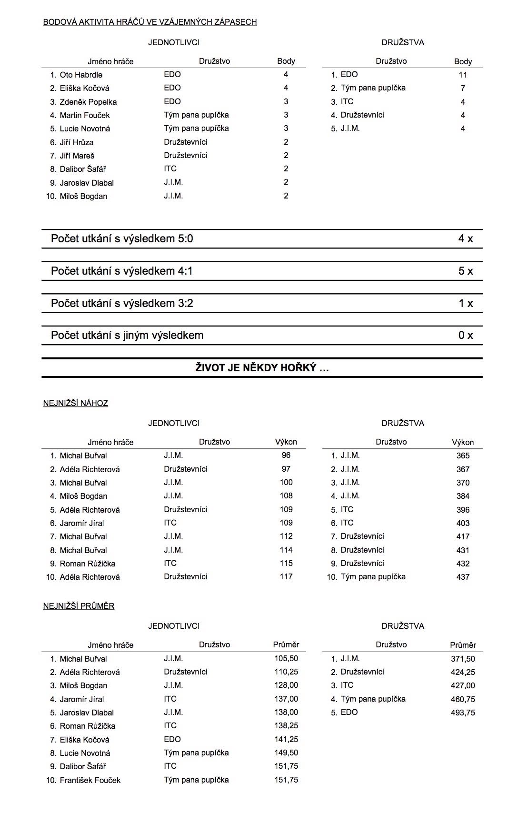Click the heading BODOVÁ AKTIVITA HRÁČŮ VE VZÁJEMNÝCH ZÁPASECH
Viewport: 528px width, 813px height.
(x=150, y=22)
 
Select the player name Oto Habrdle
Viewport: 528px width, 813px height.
(x=81, y=75)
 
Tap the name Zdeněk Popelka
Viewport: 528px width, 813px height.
(x=88, y=102)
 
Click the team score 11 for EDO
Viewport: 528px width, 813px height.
(x=463, y=75)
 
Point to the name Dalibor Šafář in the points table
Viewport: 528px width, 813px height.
(x=83, y=169)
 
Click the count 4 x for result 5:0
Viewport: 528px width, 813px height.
(x=465, y=239)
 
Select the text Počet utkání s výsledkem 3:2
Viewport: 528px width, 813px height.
(x=122, y=303)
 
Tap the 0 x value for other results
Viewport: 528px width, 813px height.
(x=465, y=335)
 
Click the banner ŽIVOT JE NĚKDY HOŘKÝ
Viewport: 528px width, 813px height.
(x=262, y=367)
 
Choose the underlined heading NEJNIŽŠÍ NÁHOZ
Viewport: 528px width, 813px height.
(x=76, y=403)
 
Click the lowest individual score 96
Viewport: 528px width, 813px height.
(x=286, y=456)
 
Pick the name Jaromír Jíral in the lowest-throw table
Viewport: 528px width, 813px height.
(x=82, y=523)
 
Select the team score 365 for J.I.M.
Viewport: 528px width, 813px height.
(x=463, y=456)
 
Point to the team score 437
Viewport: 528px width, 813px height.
(x=463, y=577)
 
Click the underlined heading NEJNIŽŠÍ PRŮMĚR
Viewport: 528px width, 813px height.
(x=79, y=606)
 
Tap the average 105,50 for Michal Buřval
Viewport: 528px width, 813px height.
(x=286, y=659)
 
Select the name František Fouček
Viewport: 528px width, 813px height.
(x=90, y=780)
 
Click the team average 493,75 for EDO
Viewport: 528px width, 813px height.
(x=463, y=713)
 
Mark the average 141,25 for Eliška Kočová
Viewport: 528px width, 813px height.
(x=286, y=740)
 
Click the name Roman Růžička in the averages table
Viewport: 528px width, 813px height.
(x=88, y=726)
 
